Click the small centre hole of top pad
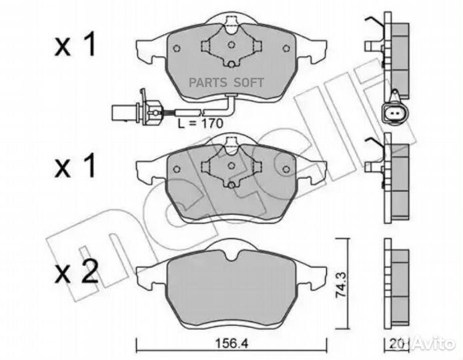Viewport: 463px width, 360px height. pos(230,46)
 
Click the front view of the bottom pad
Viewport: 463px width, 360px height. pos(230,283)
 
